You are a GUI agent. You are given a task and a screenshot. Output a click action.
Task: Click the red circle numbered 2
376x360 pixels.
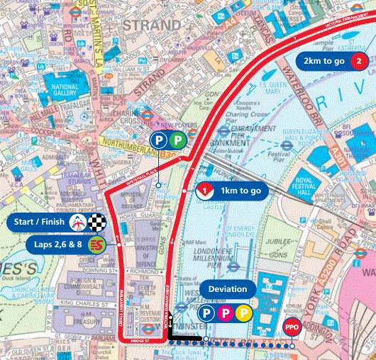[360, 62]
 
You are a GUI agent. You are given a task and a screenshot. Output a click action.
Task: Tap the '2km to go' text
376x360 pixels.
[324, 62]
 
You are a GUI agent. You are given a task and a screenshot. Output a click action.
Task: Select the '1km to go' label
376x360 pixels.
[241, 191]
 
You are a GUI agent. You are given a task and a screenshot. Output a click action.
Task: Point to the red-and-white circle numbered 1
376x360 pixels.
[204, 191]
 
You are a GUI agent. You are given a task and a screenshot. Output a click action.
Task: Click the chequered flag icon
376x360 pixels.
[100, 223]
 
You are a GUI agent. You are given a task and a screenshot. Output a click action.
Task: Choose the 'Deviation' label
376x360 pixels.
[228, 289]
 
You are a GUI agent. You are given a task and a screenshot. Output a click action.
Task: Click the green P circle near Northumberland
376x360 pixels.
[177, 140]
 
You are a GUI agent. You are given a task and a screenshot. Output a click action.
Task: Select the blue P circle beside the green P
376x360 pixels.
[158, 140]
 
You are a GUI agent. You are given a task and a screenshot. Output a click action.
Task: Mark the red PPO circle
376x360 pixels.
[291, 327]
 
